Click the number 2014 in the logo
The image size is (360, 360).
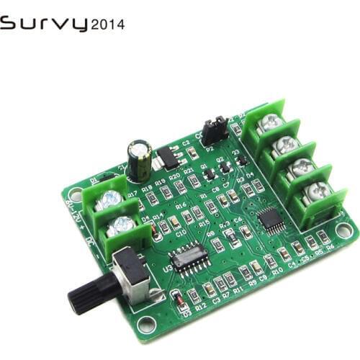(107, 24)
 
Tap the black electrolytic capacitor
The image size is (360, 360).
(140, 160)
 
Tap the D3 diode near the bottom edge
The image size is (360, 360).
(176, 297)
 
